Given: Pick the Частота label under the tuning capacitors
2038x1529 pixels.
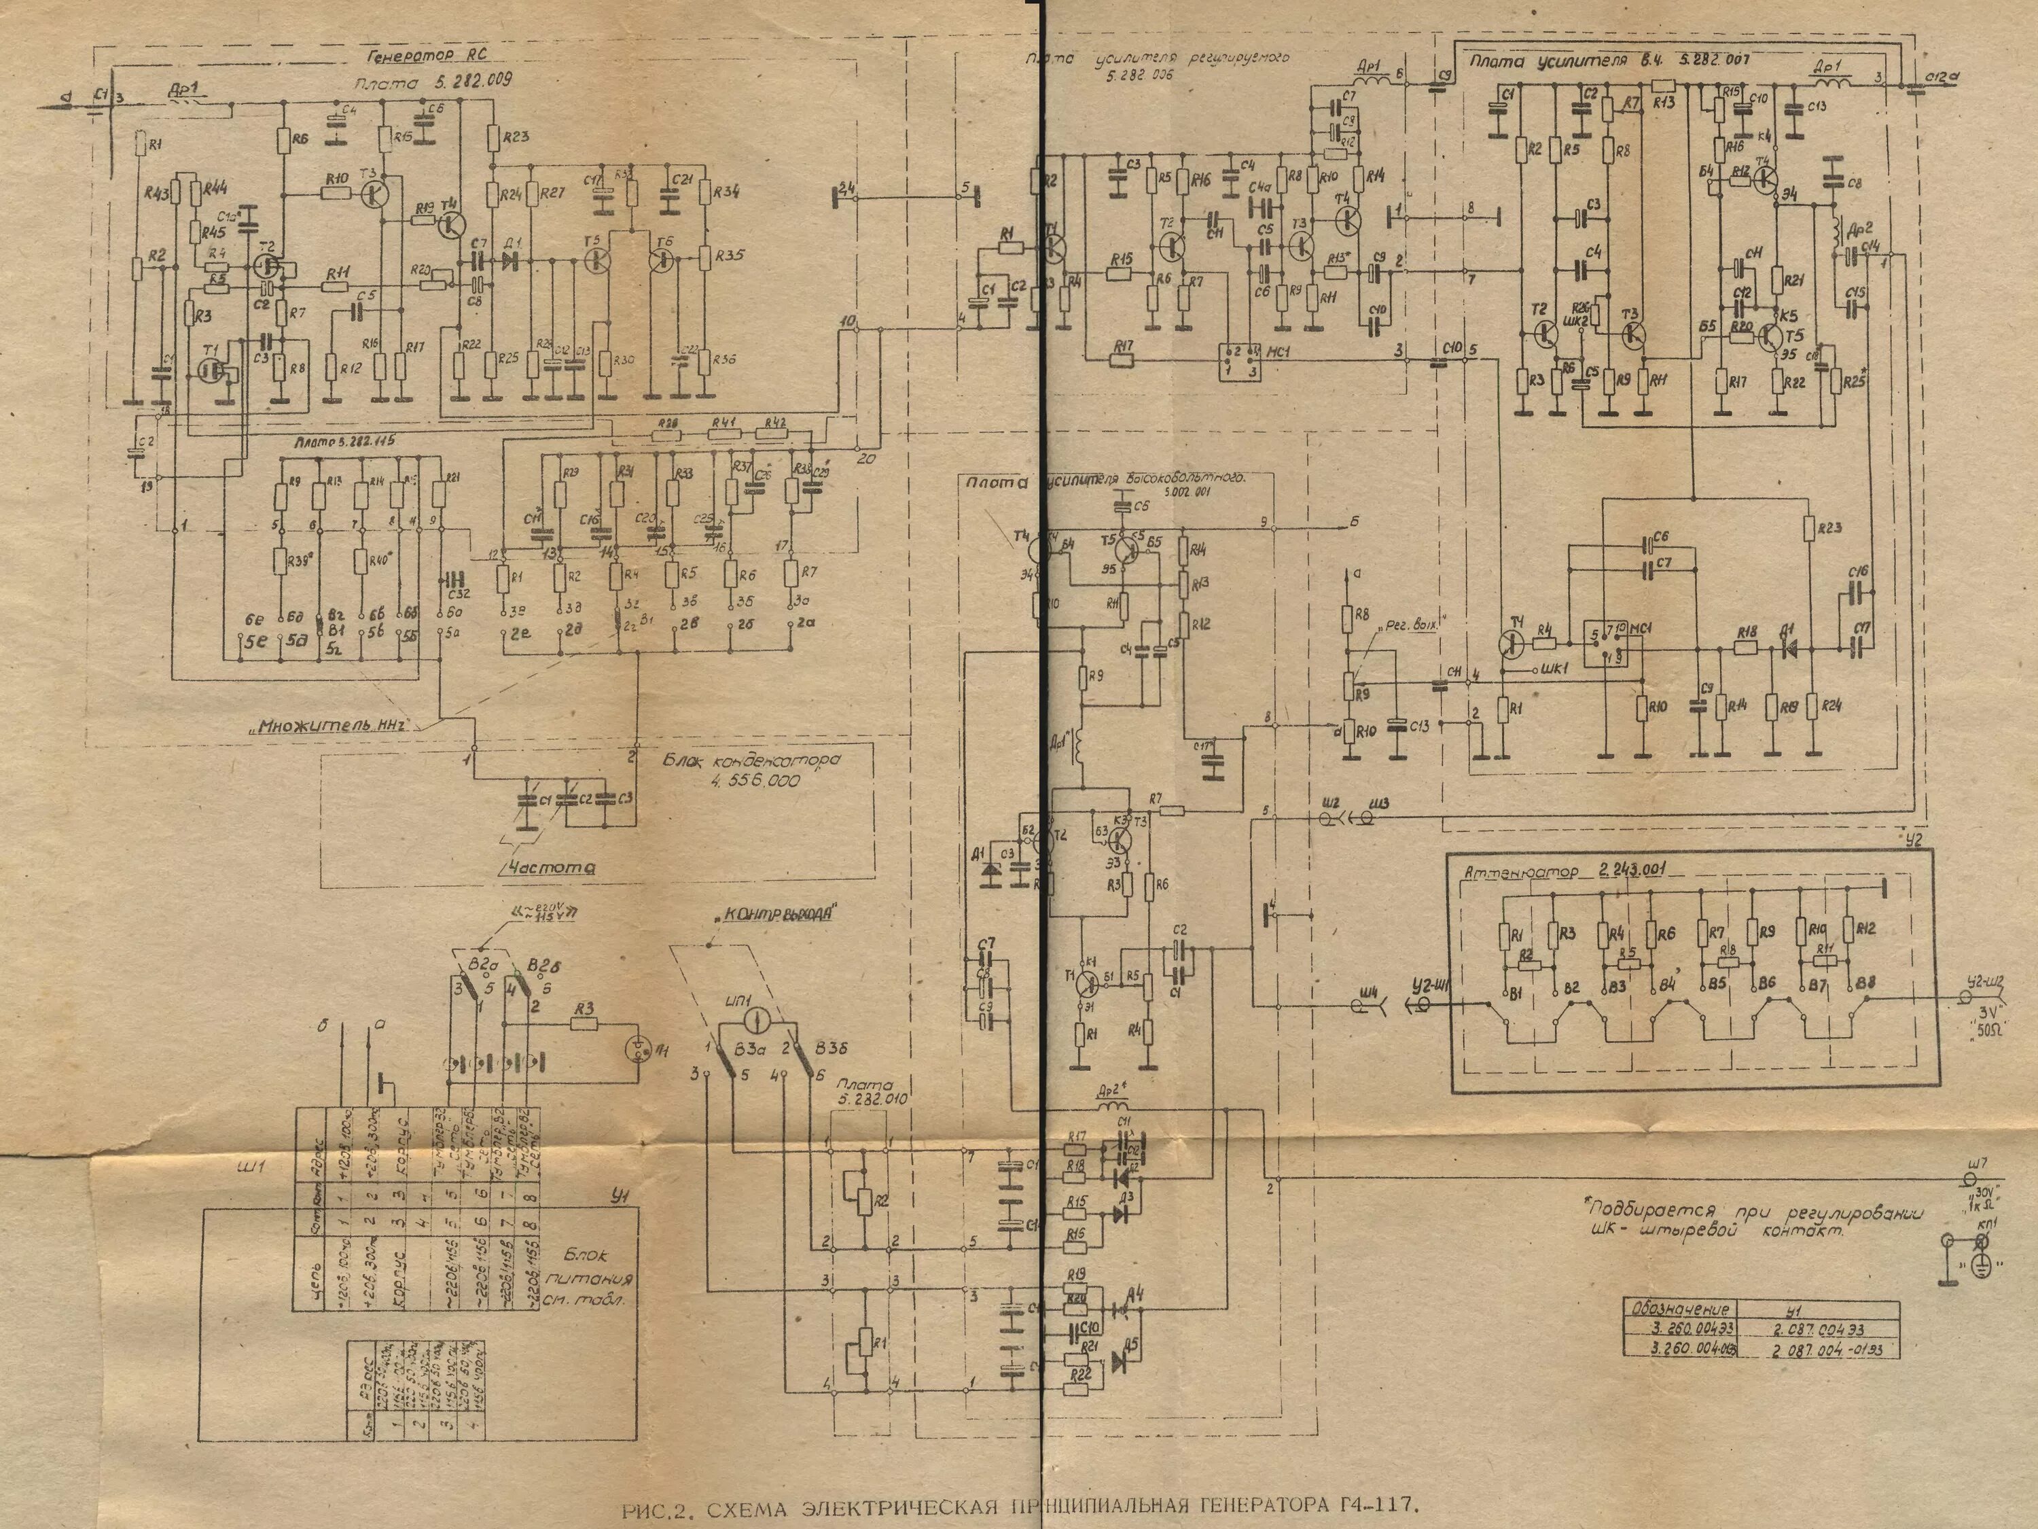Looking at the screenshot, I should (548, 867).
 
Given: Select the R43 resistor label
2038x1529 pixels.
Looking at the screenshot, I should (157, 192).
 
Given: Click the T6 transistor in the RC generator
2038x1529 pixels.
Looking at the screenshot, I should (662, 260).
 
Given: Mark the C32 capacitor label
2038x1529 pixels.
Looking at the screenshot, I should (457, 593).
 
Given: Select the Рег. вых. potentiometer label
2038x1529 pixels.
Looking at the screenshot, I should (1410, 626).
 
